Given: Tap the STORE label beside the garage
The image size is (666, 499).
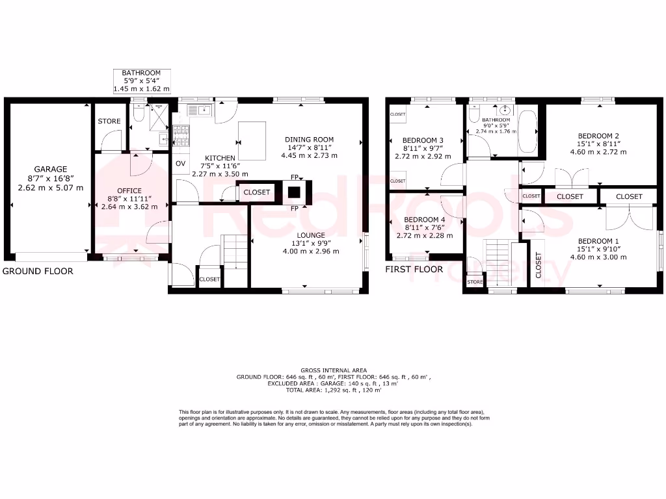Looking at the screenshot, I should point(109,122).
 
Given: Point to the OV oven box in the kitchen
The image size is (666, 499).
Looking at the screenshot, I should point(181,163).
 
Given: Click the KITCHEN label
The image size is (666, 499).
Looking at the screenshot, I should point(220,158).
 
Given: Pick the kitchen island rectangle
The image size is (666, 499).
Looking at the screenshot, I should point(252,140).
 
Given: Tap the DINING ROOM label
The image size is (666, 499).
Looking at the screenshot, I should point(309,139).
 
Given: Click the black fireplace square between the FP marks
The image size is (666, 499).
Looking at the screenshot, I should point(294,192).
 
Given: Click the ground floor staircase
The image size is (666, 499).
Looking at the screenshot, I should point(236,250).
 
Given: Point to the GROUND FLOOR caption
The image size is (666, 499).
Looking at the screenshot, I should point(38,271).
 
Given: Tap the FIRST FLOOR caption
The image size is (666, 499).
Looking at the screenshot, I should point(414,269).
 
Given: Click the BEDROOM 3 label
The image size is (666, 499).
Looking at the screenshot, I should point(423,140).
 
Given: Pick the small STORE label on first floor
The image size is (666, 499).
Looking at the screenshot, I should point(475,282).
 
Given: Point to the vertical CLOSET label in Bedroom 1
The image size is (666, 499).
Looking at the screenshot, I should point(539,265).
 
